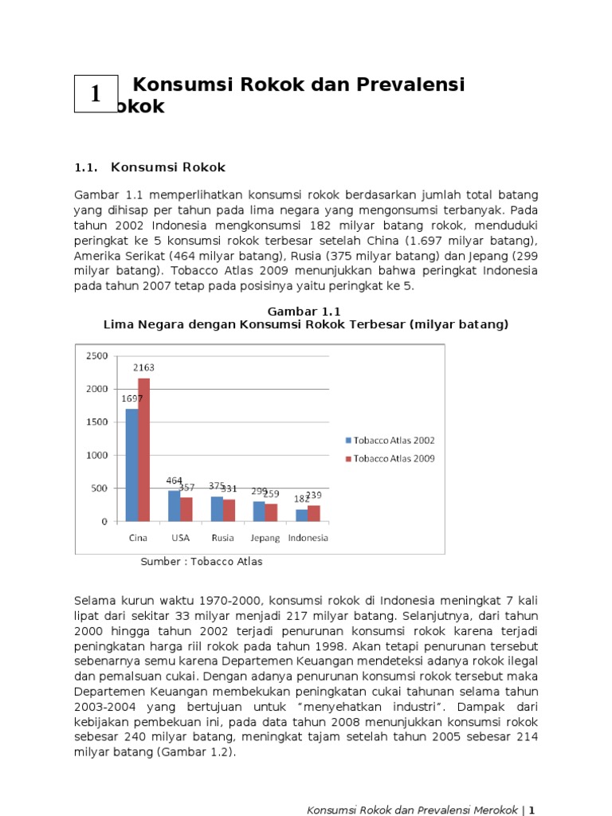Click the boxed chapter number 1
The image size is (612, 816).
pyautogui.click(x=96, y=94)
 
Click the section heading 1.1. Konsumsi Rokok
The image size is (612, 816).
pyautogui.click(x=150, y=167)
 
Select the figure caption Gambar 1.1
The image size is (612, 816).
pyautogui.click(x=306, y=311)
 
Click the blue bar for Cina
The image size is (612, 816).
pyautogui.click(x=131, y=465)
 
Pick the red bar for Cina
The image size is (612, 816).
pyautogui.click(x=144, y=449)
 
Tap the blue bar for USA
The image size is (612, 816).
pyautogui.click(x=175, y=506)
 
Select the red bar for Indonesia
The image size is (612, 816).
pyautogui.click(x=314, y=513)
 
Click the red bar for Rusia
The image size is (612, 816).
pyautogui.click(x=229, y=510)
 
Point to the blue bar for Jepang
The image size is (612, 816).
pyautogui.click(x=259, y=512)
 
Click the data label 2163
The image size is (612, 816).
pyautogui.click(x=143, y=368)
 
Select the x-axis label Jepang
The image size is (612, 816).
pyautogui.click(x=265, y=538)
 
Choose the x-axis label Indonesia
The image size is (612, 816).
pyautogui.click(x=308, y=538)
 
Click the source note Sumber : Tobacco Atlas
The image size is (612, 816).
pyautogui.click(x=202, y=562)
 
